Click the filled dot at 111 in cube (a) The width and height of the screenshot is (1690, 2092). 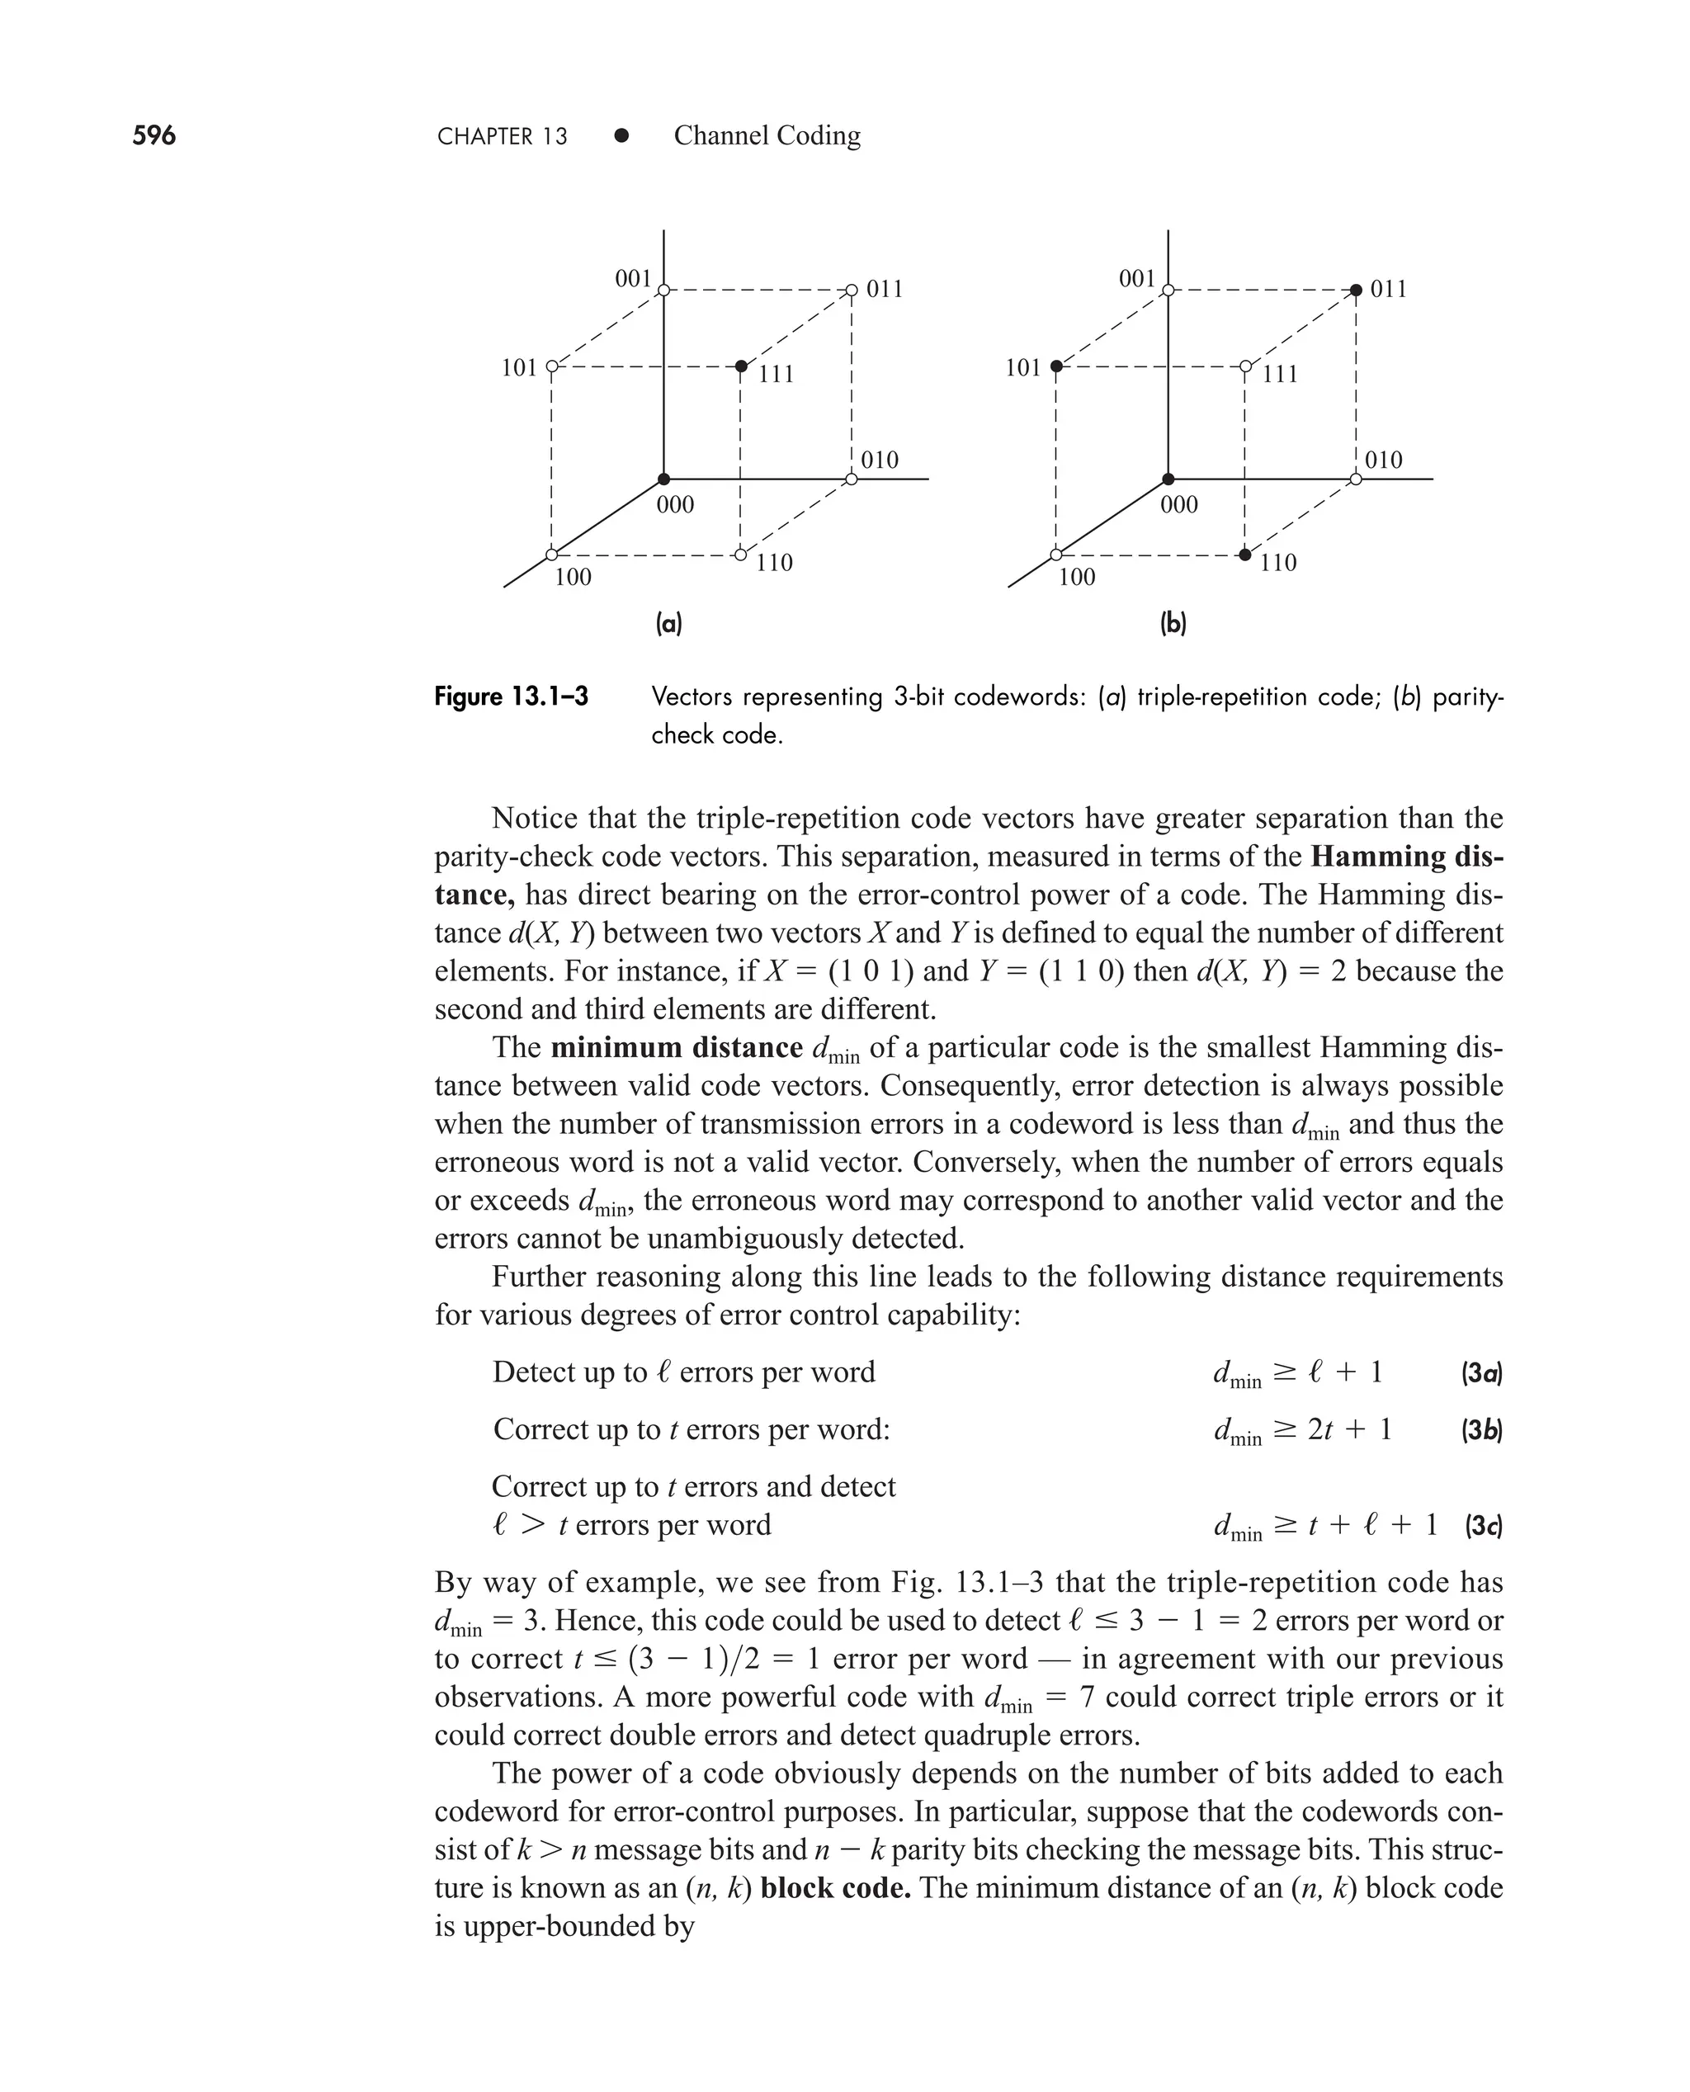pos(741,366)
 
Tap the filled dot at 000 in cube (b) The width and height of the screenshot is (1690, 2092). pos(1168,479)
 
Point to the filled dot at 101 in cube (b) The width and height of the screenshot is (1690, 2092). pos(1056,366)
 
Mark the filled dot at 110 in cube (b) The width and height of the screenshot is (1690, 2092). pos(1245,555)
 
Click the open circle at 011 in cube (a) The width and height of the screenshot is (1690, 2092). pos(852,289)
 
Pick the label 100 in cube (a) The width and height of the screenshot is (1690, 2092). pos(573,578)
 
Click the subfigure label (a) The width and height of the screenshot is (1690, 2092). pos(668,624)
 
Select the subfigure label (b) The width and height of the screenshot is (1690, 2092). pos(1173,624)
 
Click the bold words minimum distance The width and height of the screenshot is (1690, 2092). pos(677,1047)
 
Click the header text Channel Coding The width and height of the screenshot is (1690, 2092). pos(767,135)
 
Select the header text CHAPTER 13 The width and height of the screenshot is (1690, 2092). pos(503,136)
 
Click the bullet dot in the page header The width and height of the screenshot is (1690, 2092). pos(621,135)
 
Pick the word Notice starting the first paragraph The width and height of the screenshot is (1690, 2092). pos(533,818)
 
